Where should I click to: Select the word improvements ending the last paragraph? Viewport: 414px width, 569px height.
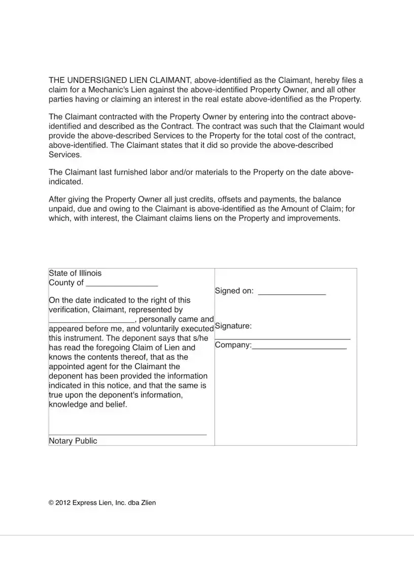[x=315, y=218]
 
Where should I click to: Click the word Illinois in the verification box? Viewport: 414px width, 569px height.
[x=90, y=273]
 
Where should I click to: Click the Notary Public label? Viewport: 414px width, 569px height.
[x=73, y=441]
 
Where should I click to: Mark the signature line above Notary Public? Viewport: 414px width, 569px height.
[x=127, y=434]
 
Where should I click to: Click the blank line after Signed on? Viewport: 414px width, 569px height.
[x=292, y=294]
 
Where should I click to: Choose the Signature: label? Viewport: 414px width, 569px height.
[x=233, y=326]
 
